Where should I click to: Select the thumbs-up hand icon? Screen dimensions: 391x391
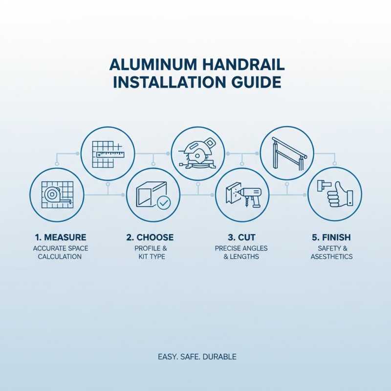coord(335,195)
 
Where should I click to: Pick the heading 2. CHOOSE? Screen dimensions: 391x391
coord(150,238)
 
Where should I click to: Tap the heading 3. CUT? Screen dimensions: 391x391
coord(240,238)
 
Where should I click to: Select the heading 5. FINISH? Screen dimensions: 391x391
coord(331,238)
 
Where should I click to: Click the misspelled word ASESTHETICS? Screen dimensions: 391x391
coord(331,257)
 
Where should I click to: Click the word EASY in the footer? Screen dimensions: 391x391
coord(167,357)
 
